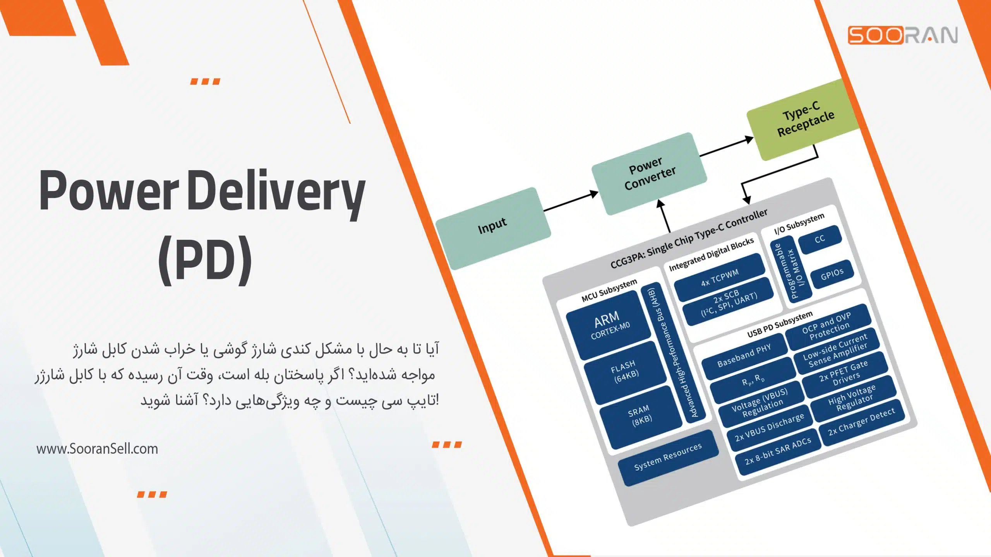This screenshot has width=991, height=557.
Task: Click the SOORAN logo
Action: click(902, 35)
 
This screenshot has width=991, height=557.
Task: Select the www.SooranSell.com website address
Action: click(97, 449)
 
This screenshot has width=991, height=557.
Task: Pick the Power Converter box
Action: click(649, 174)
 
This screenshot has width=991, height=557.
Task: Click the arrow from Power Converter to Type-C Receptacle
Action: click(726, 147)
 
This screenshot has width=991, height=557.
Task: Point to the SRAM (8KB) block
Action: click(640, 416)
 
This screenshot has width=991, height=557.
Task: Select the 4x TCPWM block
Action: click(720, 277)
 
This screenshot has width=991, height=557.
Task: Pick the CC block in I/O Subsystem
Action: click(820, 239)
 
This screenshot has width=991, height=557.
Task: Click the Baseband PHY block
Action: click(744, 355)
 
